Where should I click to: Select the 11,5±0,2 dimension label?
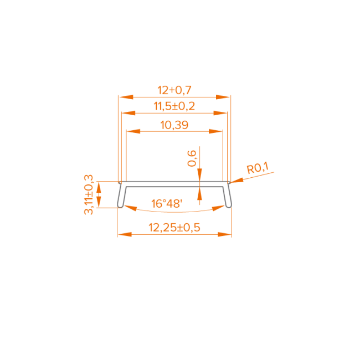[x=173, y=106]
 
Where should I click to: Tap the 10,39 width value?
[x=174, y=125]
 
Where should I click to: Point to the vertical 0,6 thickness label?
[x=192, y=158]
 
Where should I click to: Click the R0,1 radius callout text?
[x=258, y=168]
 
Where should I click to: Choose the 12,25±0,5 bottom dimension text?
[x=174, y=227]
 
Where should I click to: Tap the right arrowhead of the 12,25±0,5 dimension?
[x=225, y=235]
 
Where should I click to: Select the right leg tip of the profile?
[x=228, y=207]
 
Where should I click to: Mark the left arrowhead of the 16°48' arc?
[x=128, y=208]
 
